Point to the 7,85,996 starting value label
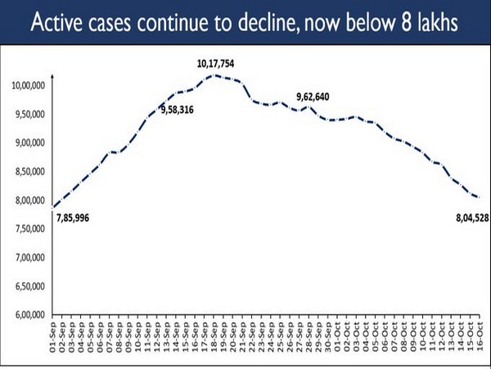tap(78, 217)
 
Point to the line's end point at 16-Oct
tap(477, 197)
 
